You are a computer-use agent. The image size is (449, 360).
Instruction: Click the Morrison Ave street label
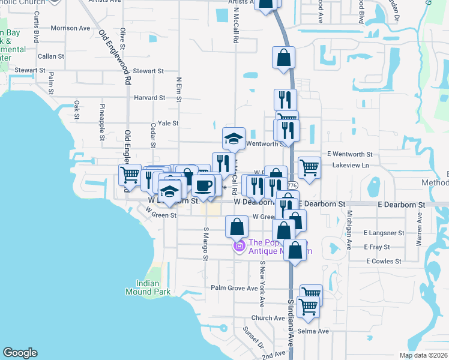(70, 28)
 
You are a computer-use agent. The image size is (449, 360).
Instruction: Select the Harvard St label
(149, 98)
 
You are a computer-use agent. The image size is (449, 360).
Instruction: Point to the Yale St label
(168, 123)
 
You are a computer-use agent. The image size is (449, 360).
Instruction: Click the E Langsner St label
(384, 232)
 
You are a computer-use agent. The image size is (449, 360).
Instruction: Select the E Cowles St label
(384, 261)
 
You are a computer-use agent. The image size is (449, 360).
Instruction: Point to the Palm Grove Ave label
(234, 288)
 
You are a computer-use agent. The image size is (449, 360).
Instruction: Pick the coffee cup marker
(203, 185)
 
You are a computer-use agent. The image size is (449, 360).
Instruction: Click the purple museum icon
(240, 246)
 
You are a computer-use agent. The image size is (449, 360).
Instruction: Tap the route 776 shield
(292, 185)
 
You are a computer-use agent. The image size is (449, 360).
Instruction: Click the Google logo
(20, 353)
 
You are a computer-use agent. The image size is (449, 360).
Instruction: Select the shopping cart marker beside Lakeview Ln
(309, 167)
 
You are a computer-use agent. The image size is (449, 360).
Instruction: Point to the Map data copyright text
(423, 355)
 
